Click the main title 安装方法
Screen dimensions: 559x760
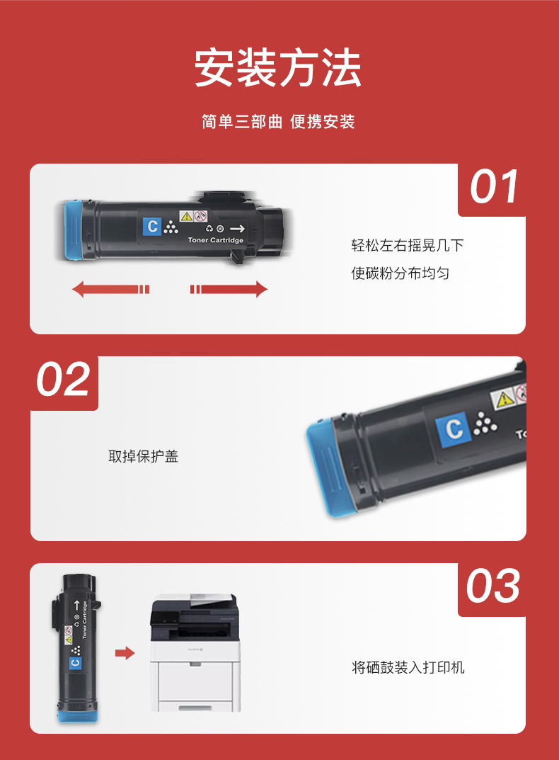[277, 67]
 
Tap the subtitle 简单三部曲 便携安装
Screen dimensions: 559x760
[278, 122]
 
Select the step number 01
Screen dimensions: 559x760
[495, 186]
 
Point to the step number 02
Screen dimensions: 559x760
[64, 378]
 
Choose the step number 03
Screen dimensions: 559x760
[493, 586]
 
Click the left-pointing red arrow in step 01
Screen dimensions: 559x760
[110, 290]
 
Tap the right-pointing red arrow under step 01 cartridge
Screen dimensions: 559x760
[229, 290]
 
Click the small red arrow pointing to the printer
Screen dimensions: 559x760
[125, 653]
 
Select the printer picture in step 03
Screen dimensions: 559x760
[195, 653]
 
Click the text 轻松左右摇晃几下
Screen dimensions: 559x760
[408, 245]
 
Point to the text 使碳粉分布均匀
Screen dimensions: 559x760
[400, 273]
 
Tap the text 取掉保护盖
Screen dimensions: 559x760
[144, 456]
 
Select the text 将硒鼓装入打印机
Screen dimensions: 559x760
[408, 667]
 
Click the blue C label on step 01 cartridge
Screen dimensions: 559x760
[152, 226]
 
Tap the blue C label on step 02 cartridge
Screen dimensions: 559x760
[454, 429]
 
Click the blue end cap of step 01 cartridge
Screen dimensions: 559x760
[73, 230]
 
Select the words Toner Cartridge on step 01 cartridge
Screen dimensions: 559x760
[216, 240]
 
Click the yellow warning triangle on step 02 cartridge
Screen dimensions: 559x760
[505, 399]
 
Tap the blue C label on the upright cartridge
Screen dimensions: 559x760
[76, 662]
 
